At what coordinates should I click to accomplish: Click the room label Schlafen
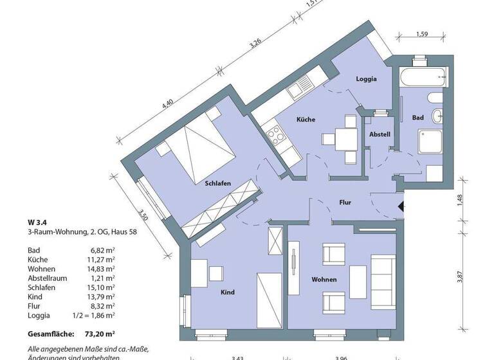coord(217,183)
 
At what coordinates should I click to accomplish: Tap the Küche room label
coord(306,120)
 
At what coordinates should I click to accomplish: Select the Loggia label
coord(366,79)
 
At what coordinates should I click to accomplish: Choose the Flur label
coord(345,202)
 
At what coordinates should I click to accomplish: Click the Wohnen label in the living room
coord(324,280)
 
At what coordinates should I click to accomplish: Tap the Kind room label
coord(227,292)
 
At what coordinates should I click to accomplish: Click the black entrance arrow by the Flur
coord(401,206)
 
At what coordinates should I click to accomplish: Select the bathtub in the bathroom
coord(423,77)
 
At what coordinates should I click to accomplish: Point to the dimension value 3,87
coord(459,277)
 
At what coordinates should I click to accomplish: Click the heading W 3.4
coord(37,222)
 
